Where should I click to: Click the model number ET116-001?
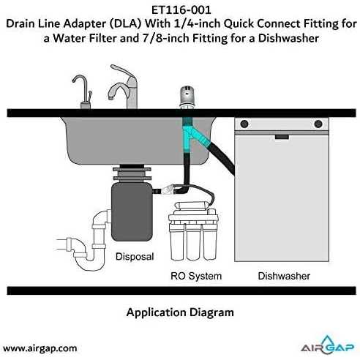[x=181, y=10]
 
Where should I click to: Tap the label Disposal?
[x=135, y=257]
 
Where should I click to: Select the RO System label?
[x=196, y=276]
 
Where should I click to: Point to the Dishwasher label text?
[x=284, y=276]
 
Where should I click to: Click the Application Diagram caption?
[x=180, y=312]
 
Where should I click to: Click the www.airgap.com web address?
[x=40, y=348]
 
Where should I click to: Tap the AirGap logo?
[x=327, y=345]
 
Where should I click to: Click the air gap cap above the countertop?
[x=187, y=97]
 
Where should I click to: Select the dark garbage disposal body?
[x=132, y=211]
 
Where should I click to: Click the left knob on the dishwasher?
[x=244, y=124]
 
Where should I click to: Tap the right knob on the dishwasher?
[x=318, y=124]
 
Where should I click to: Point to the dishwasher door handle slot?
[x=282, y=137]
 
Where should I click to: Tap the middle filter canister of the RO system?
[x=193, y=243]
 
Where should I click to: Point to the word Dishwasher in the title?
[x=288, y=38]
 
